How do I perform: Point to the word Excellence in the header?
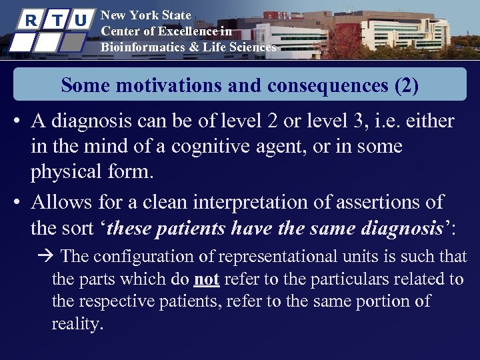(172, 31)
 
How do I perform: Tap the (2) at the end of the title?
(403, 85)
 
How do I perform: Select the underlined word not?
(208, 279)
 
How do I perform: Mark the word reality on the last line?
(77, 324)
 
